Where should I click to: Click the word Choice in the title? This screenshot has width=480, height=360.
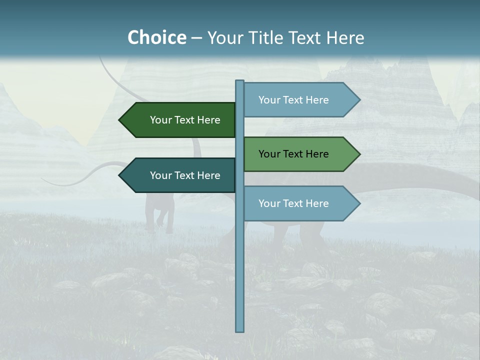click(x=156, y=37)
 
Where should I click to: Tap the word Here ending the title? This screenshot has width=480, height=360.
click(x=345, y=37)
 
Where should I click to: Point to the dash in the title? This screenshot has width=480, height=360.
click(x=196, y=38)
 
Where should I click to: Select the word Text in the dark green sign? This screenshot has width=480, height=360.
click(x=184, y=120)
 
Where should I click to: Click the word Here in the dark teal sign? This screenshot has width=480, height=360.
click(x=208, y=175)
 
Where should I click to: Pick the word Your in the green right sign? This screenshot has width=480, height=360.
click(x=269, y=154)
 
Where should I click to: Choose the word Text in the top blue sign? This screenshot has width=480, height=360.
click(x=293, y=100)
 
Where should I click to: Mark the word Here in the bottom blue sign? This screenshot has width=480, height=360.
click(x=317, y=203)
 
